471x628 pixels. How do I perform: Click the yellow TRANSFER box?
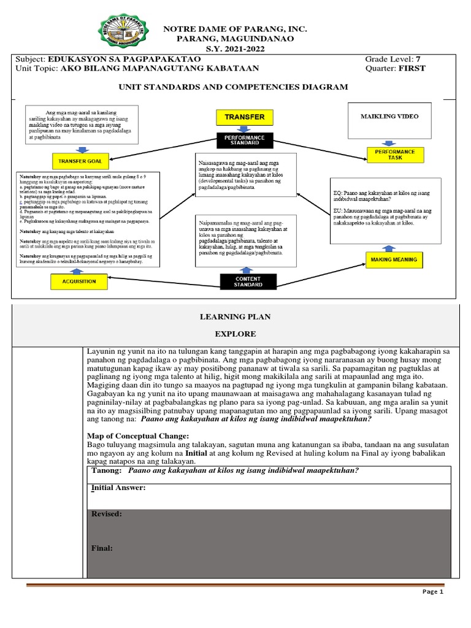tap(244, 117)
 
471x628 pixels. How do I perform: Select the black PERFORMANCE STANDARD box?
tap(244, 140)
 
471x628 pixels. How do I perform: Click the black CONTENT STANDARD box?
tap(248, 281)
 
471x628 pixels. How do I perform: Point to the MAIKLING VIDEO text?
tap(395, 116)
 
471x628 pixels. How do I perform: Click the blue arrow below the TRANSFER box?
tap(244, 129)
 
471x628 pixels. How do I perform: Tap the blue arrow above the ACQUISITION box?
tap(75, 270)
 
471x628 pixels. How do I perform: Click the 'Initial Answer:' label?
tap(118, 487)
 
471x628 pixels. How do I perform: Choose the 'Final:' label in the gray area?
tap(102, 548)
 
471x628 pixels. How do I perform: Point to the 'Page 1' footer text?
tap(432, 592)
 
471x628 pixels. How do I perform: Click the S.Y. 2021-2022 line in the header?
tap(233, 48)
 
